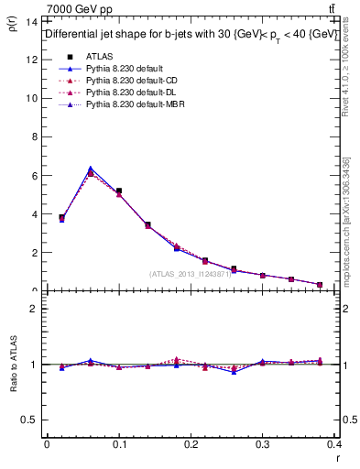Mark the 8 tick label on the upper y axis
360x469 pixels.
pos(34,136)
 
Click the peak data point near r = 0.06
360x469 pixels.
pos(90,169)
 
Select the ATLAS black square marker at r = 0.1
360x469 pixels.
pos(119,191)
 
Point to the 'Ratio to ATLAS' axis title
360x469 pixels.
pos(13,364)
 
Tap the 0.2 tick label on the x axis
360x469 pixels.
pos(191,444)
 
